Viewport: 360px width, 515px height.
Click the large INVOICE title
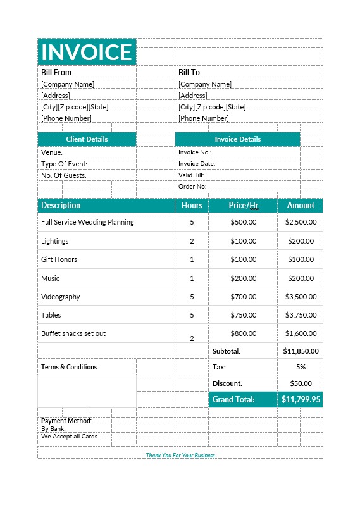point(87,52)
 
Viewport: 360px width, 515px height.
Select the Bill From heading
point(56,72)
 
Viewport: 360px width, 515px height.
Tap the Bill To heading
point(189,72)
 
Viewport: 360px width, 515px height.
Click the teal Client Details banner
point(87,139)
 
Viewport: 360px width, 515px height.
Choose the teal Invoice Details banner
point(237,139)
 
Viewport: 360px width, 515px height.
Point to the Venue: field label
point(52,152)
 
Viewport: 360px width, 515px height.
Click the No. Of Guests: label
point(64,175)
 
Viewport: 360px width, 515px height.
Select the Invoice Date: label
point(197,164)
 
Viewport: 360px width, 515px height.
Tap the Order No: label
point(192,187)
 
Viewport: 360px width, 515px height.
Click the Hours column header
point(192,205)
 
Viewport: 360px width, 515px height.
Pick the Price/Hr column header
point(243,205)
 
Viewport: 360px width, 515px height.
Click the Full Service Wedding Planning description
point(87,222)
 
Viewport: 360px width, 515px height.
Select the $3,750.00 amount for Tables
point(301,315)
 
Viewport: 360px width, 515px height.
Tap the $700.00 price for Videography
point(243,297)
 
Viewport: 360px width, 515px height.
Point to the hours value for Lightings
point(192,241)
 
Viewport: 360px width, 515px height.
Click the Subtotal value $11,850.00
point(301,351)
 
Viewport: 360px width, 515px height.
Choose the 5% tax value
point(301,367)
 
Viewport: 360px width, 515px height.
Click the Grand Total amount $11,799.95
point(301,399)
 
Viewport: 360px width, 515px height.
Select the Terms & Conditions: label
point(70,367)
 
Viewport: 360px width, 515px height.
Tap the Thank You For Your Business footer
point(180,455)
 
